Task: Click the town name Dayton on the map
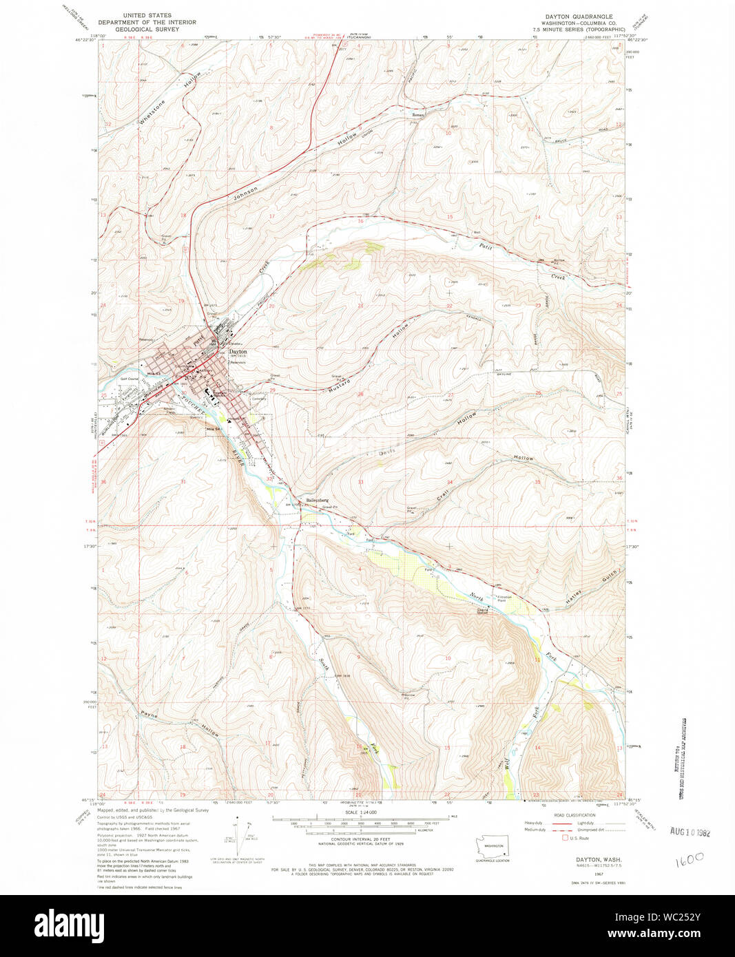[x=238, y=351]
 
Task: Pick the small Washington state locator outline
[x=493, y=846]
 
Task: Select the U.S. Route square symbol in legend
[x=565, y=838]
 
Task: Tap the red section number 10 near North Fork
[x=448, y=658]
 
